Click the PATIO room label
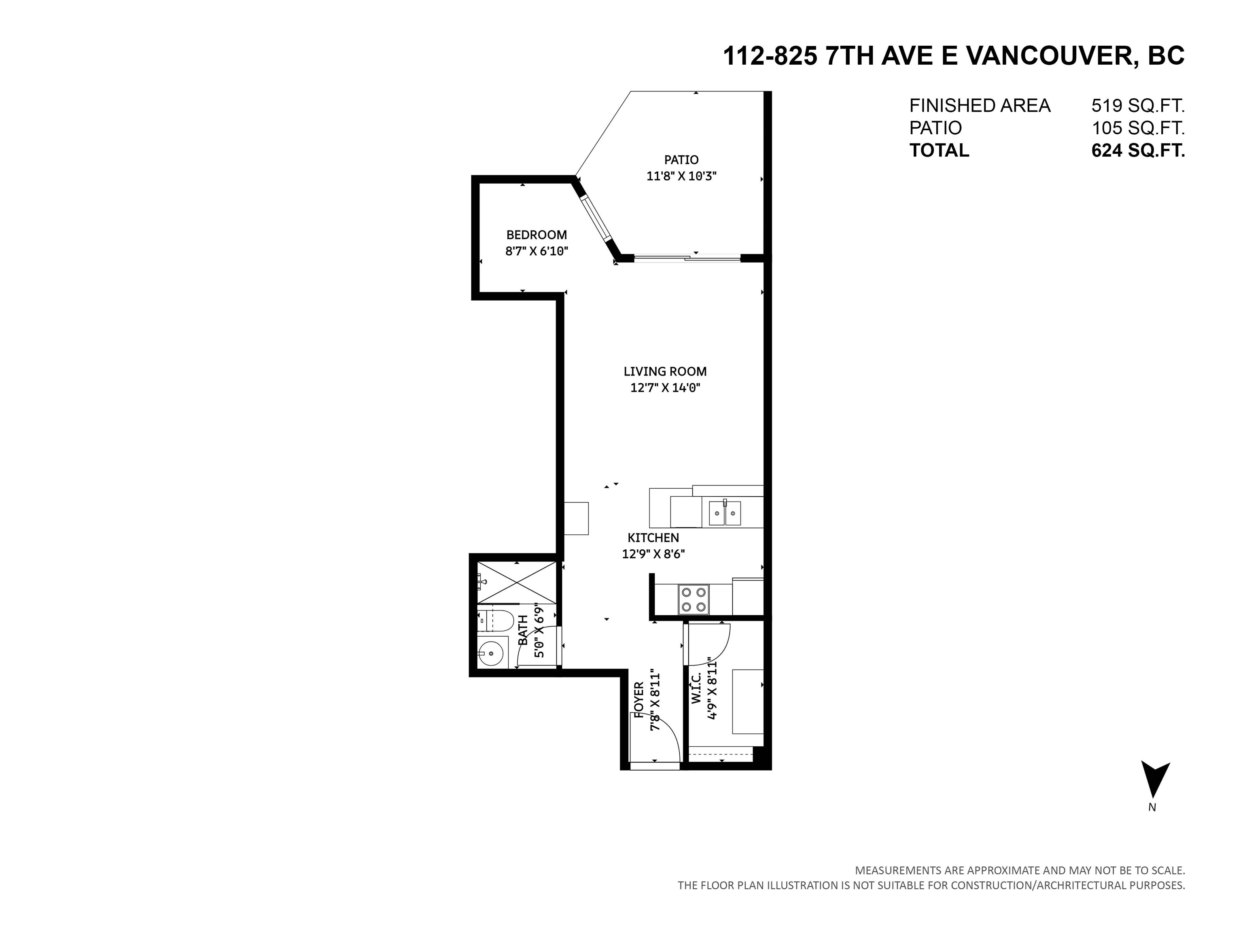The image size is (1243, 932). point(681,159)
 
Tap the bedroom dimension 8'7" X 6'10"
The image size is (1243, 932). point(537,251)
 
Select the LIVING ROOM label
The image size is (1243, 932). point(665,371)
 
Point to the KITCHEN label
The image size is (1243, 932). point(653,538)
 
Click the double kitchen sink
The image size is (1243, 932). point(724,513)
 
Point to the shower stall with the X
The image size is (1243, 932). point(516,582)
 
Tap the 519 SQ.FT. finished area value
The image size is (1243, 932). point(1138,106)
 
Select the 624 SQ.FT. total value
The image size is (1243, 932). point(1138,150)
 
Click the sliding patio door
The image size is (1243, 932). point(687,258)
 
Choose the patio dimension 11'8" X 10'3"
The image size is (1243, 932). point(681,176)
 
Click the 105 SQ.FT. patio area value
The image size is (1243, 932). point(1138,128)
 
